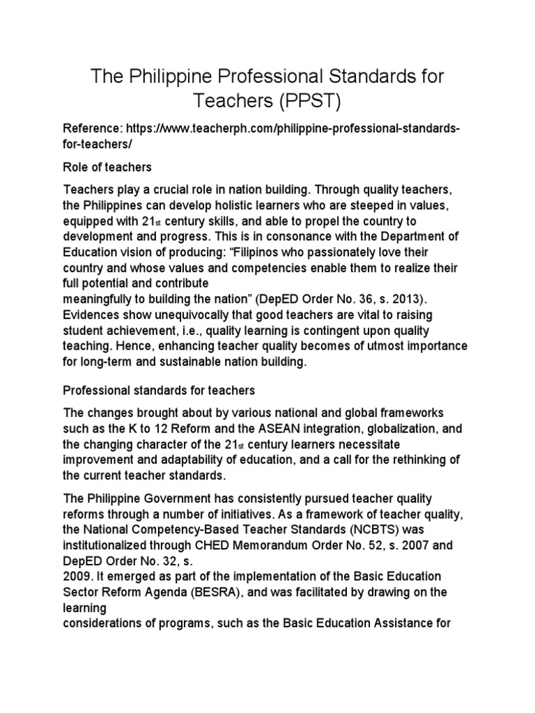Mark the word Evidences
pos(92,314)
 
